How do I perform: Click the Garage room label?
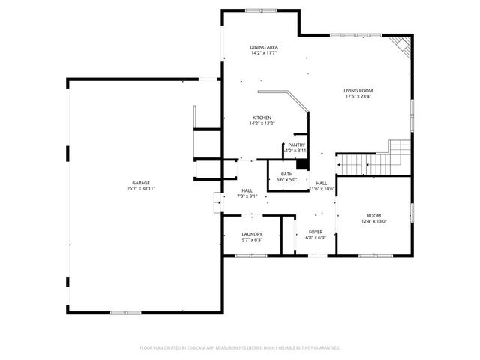tap(141, 182)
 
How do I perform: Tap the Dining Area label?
tap(264, 47)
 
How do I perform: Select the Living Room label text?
tap(358, 90)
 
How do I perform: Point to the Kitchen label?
tap(262, 118)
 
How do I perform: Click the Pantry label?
tap(296, 145)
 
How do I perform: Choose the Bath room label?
tap(286, 174)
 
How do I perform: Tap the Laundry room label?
tap(251, 234)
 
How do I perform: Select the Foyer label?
tap(316, 232)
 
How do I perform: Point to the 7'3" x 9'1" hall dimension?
tap(247, 196)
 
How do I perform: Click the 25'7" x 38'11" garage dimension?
tap(141, 188)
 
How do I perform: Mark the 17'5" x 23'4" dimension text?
tap(358, 96)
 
